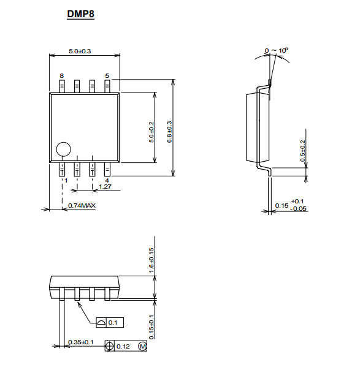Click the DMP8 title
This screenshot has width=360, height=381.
click(x=80, y=14)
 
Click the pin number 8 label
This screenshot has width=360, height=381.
click(x=62, y=76)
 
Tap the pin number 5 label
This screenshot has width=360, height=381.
click(x=107, y=76)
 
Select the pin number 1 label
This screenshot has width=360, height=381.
click(x=66, y=181)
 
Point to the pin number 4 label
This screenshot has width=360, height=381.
click(x=107, y=181)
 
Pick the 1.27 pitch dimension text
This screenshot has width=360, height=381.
click(x=105, y=187)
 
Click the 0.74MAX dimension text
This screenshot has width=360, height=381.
click(x=82, y=206)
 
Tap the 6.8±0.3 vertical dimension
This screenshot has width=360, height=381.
click(x=169, y=132)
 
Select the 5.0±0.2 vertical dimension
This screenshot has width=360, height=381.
click(x=151, y=132)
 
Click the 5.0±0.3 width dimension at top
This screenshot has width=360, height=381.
click(x=80, y=51)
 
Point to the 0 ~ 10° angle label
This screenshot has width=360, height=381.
click(x=277, y=50)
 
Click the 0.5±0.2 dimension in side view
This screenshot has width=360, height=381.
click(x=302, y=151)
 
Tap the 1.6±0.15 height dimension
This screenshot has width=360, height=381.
click(x=151, y=260)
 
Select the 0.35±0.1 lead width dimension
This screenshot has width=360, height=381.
click(x=81, y=342)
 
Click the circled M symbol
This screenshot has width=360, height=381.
click(x=142, y=346)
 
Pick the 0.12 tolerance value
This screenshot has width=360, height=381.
click(x=123, y=347)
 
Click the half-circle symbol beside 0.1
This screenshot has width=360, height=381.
click(x=101, y=323)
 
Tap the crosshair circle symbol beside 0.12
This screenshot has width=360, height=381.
click(x=109, y=345)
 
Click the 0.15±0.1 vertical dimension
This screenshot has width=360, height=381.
click(x=151, y=327)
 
